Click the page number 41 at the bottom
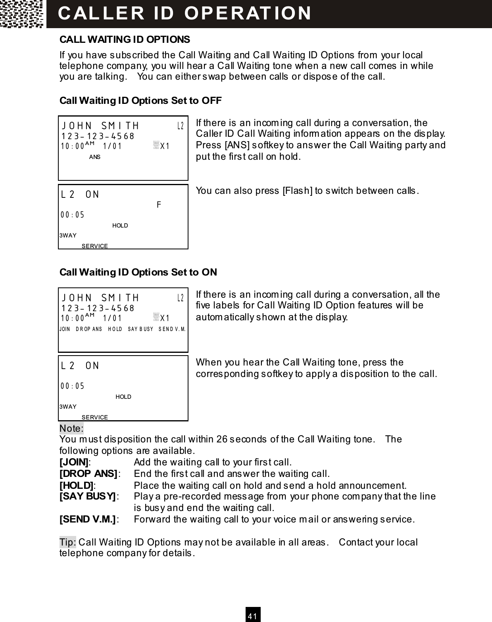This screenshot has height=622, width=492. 253,616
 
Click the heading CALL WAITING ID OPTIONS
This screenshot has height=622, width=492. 125,40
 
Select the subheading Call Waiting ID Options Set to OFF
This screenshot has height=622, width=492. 140,101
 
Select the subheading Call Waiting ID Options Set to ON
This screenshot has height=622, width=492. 138,272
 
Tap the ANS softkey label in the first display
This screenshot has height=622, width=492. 95,157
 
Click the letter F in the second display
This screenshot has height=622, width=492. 159,205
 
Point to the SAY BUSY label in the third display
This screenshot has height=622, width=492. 140,329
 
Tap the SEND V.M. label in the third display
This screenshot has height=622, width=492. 172,329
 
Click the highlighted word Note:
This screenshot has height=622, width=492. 71,429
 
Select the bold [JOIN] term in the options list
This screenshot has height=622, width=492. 74,462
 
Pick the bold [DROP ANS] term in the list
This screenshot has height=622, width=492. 88,474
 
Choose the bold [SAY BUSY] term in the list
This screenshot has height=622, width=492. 87,496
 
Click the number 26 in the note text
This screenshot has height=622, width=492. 222,439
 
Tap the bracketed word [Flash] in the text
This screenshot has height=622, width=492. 297,191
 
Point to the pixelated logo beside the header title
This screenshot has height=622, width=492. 22,14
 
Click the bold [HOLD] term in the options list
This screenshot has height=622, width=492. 76,486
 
